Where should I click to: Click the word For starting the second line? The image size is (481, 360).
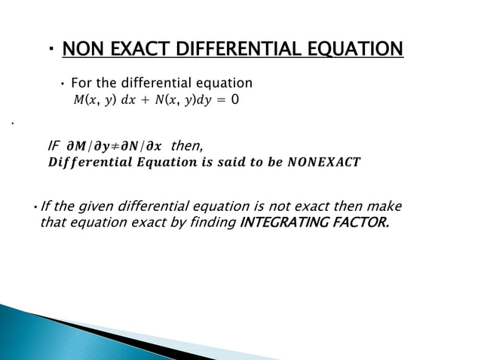click(x=83, y=82)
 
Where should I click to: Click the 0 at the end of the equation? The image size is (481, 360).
click(x=235, y=99)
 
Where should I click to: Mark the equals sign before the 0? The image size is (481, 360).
click(x=221, y=99)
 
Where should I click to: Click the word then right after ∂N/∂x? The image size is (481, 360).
click(x=186, y=145)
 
